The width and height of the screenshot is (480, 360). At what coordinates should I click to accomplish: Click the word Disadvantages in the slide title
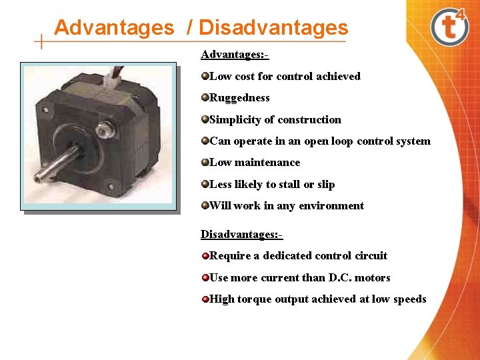pos(273,28)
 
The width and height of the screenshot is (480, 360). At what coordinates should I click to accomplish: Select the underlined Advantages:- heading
pos(234,53)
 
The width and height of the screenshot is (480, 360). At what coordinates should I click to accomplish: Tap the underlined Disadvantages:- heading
pos(241,234)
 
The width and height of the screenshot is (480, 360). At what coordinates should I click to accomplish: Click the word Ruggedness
pos(239,98)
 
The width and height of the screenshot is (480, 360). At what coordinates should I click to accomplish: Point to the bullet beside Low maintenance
pos(205,162)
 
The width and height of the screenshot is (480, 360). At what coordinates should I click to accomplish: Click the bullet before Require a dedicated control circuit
pos(205,255)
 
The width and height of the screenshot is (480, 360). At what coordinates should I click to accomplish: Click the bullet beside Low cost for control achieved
pos(205,76)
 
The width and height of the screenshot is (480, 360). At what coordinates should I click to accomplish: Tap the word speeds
pos(409,299)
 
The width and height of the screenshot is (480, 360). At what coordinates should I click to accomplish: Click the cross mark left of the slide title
pos(42,41)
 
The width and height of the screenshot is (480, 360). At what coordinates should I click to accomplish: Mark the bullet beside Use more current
pos(205,277)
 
